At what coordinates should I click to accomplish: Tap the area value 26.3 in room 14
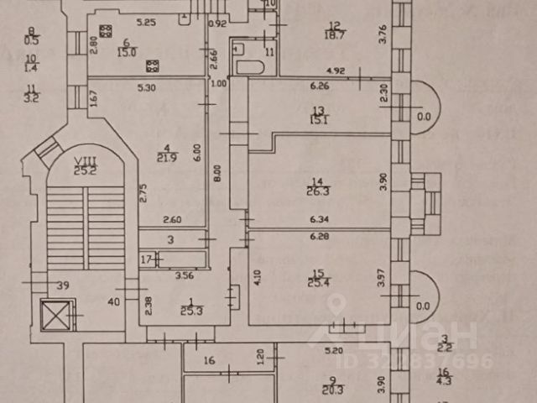coord(318,191)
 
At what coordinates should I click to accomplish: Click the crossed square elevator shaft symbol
coord(54,318)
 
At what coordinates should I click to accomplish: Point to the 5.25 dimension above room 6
coord(147,21)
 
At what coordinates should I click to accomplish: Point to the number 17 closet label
coord(146,259)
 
